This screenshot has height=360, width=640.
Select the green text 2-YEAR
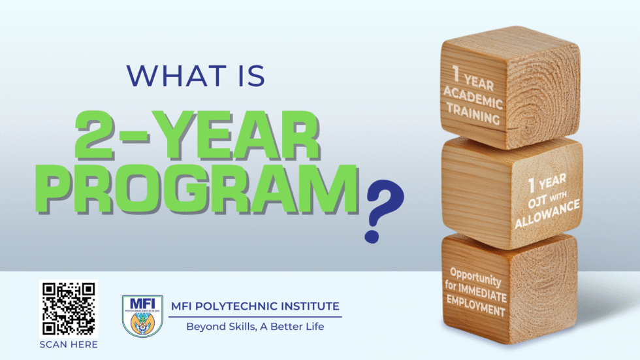click(x=197, y=137)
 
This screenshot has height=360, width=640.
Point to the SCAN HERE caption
click(x=68, y=344)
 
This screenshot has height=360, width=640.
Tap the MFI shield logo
click(x=142, y=316)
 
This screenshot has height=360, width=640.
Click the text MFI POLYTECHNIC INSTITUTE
click(x=255, y=306)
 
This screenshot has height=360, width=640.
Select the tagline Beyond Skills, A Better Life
click(x=255, y=326)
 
